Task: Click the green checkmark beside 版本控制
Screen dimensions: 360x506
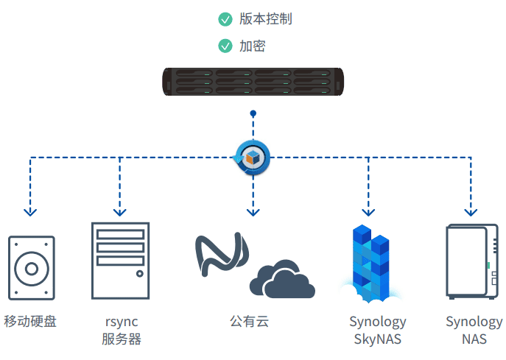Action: tap(225, 19)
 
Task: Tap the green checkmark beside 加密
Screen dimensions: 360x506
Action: tap(225, 46)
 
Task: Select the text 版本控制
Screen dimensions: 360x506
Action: tap(265, 19)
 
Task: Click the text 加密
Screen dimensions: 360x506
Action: tap(252, 46)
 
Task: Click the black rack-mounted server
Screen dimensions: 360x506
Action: tap(253, 82)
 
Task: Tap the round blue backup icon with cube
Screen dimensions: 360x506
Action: tap(253, 157)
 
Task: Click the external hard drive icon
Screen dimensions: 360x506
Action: tap(31, 268)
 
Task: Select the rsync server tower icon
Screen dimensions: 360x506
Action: tap(120, 260)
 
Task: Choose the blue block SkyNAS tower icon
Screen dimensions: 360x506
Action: tap(371, 262)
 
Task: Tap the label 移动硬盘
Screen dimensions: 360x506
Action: tap(30, 322)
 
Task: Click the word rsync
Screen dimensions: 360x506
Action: tap(122, 322)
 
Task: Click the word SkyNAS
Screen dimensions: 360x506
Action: tap(377, 339)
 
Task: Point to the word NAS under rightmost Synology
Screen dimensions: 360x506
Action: tap(474, 339)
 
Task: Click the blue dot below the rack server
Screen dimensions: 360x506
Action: tap(253, 114)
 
